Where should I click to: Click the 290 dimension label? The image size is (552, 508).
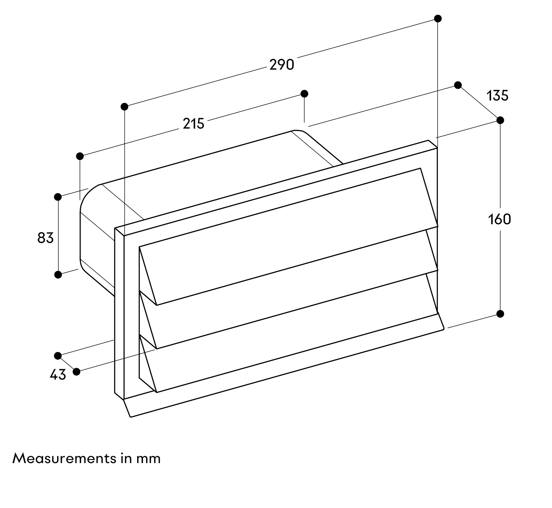coord(282,65)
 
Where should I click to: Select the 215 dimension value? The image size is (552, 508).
coord(193,124)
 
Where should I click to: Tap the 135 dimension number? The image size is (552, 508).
coord(497,96)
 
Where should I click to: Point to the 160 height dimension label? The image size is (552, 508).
coord(500,220)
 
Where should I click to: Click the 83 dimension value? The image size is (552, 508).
coord(45,238)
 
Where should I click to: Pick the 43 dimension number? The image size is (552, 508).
coord(58,375)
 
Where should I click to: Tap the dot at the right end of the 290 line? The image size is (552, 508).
coord(438,18)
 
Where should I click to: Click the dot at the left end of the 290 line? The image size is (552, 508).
coord(124,107)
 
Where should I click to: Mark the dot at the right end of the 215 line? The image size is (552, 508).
coord(304,94)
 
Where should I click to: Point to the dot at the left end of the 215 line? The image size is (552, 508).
coord(80,156)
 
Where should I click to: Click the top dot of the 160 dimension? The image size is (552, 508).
coord(500,120)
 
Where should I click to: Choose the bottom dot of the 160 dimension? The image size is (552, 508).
coord(500,314)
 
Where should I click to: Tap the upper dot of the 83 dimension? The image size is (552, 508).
coord(58,197)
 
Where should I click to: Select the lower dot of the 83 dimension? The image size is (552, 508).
coord(58,275)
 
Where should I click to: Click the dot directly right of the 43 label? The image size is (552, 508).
coord(76,372)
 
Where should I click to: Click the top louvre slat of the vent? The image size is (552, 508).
coord(287,237)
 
